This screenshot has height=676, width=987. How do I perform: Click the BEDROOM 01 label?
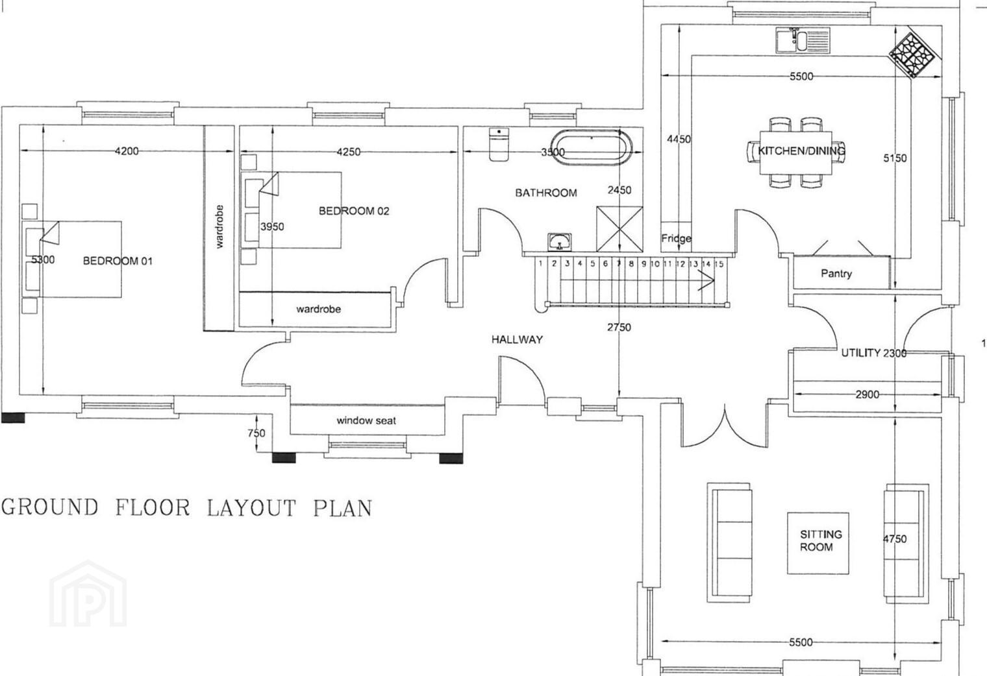click(118, 261)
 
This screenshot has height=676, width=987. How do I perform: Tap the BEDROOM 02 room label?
click(354, 211)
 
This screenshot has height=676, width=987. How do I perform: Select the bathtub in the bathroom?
click(592, 148)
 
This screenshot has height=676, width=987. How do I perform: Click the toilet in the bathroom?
click(499, 145)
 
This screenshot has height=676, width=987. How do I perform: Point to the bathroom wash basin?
click(560, 242)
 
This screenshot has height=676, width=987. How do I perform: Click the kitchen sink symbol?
click(803, 40)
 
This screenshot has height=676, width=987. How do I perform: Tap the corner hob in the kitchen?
click(912, 55)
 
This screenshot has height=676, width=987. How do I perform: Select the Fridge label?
click(676, 239)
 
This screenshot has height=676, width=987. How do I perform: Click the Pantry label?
click(836, 274)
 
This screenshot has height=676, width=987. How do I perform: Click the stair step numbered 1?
click(541, 263)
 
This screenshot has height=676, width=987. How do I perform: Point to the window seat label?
click(366, 421)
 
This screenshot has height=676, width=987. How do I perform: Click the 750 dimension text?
click(256, 433)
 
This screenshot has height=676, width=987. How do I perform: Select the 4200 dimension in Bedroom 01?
click(127, 151)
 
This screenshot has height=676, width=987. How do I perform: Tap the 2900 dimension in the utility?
click(867, 394)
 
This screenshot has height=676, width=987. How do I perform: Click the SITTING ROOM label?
click(820, 540)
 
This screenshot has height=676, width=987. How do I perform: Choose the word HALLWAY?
click(517, 339)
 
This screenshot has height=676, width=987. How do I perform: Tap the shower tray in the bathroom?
click(619, 229)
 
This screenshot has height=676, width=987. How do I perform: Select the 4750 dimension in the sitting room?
click(895, 539)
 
